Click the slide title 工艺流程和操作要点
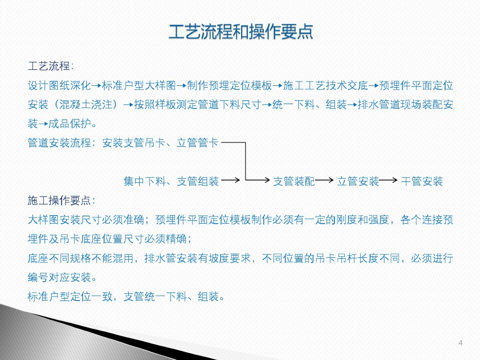point(240,31)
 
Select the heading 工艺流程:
point(51,66)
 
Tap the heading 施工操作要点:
point(61,201)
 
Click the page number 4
point(460,343)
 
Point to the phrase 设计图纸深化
point(60,85)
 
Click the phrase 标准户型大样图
point(139,85)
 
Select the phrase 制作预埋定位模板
point(230,85)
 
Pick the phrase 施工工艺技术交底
point(325,85)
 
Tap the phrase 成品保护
point(70,124)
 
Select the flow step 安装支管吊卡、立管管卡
point(160,142)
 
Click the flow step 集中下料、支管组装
point(171,181)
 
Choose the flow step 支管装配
point(294,181)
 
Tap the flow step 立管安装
point(358,181)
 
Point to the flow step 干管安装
point(422,181)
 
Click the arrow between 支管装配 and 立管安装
point(324,180)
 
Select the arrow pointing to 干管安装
point(388,180)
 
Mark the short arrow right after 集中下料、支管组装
point(231,180)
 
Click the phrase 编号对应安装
point(60,277)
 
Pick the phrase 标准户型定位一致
point(70,297)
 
